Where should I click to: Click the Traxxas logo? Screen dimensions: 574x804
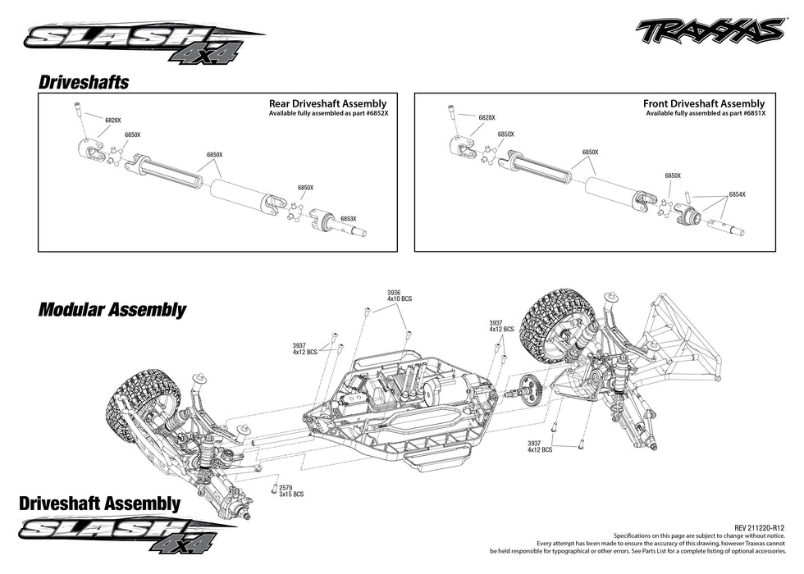point(709,31)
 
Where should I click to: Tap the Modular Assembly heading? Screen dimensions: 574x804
point(112,310)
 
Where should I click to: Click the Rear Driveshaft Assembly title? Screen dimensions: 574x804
point(327,104)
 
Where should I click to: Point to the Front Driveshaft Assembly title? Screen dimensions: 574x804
point(704,104)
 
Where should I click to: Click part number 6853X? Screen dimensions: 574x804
point(349,219)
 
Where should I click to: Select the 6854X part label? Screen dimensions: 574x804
point(737,194)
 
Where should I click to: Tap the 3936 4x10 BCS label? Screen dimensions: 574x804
point(400,295)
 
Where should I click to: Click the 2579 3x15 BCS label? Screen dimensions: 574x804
point(291,491)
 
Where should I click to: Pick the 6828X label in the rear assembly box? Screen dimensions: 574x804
point(113,121)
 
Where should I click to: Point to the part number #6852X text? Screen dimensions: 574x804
point(372,113)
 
